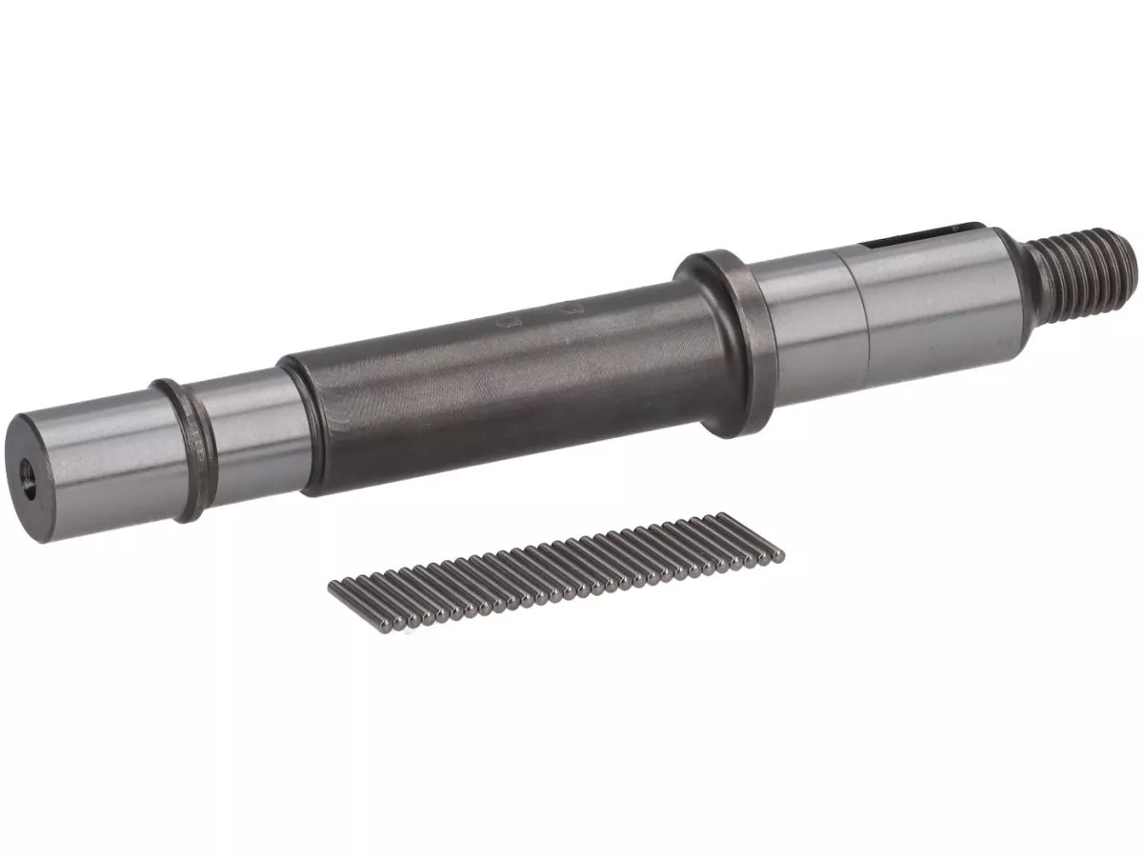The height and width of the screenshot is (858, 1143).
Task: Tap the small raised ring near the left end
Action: tap(182, 448)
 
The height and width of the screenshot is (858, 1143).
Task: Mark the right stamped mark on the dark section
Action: tap(571, 308)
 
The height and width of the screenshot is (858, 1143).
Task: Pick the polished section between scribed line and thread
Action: tap(933, 295)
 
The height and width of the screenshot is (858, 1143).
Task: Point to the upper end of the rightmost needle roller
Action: tap(724, 516)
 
